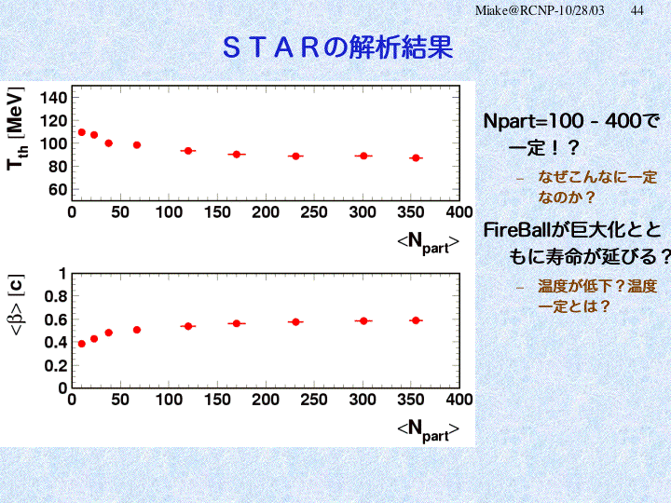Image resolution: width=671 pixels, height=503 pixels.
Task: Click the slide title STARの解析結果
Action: point(337,47)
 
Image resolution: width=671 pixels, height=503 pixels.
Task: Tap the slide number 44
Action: point(637,9)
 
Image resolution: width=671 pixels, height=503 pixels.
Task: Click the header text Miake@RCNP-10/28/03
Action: point(541,9)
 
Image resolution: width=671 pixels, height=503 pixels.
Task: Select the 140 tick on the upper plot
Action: point(54,98)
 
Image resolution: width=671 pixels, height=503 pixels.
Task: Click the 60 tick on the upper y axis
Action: point(58,189)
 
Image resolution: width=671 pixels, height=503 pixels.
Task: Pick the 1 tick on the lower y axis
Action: point(62,274)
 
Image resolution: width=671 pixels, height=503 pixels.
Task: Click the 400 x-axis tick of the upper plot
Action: point(459,212)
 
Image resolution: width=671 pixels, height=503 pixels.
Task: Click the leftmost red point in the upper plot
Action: point(82,132)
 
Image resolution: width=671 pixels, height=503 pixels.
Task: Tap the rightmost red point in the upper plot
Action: point(416,158)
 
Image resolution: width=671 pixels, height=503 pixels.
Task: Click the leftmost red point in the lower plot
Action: point(82,344)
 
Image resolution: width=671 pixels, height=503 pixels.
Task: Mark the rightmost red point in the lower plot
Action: point(416,320)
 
